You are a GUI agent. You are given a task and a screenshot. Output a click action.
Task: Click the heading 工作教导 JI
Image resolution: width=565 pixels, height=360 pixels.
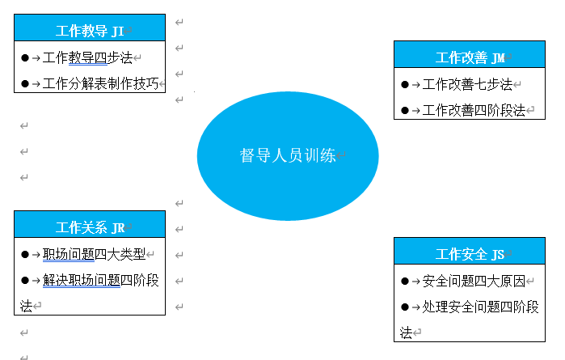(90, 31)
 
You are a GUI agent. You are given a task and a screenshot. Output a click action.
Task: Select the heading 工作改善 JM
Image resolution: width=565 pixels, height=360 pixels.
(470, 57)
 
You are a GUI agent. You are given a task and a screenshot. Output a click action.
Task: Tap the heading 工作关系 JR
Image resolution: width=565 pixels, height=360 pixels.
(90, 227)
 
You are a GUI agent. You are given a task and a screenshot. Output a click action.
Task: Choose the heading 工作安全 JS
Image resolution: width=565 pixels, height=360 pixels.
(470, 254)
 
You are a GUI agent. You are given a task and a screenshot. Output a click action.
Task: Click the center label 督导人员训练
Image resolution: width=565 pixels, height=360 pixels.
(288, 155)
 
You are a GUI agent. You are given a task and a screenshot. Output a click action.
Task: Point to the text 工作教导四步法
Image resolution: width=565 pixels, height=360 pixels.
(87, 57)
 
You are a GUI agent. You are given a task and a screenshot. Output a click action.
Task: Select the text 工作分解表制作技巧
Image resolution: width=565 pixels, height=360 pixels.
(100, 83)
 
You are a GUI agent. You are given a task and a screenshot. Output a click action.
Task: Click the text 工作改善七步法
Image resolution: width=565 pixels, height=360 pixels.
(467, 84)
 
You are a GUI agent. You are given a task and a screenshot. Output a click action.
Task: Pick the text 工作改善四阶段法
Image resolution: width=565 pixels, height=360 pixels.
(474, 110)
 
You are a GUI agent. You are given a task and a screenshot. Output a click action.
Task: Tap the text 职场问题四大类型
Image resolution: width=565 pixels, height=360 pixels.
(94, 254)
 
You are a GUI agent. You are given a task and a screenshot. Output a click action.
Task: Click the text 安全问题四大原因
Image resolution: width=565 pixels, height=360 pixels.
(474, 281)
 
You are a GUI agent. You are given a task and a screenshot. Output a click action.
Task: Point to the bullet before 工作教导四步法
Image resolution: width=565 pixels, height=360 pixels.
(25, 57)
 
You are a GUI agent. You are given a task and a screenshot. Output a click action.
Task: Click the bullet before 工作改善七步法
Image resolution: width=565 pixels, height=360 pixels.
(405, 84)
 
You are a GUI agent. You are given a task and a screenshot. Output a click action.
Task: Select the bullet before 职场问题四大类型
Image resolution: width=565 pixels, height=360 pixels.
(25, 254)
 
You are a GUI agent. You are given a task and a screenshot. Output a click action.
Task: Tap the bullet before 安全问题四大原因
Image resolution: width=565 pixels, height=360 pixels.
(405, 281)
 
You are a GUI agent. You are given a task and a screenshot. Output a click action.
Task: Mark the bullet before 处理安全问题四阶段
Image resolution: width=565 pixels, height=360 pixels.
(405, 307)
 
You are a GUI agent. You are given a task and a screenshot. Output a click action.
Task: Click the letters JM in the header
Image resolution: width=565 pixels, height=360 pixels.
(498, 58)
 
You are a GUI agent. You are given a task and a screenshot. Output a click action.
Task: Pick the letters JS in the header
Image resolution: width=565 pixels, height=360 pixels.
(498, 255)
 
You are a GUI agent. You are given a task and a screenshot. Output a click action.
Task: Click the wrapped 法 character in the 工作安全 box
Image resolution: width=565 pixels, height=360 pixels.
(406, 333)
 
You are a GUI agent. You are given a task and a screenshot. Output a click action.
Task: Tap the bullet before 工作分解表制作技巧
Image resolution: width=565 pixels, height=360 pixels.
(25, 83)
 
